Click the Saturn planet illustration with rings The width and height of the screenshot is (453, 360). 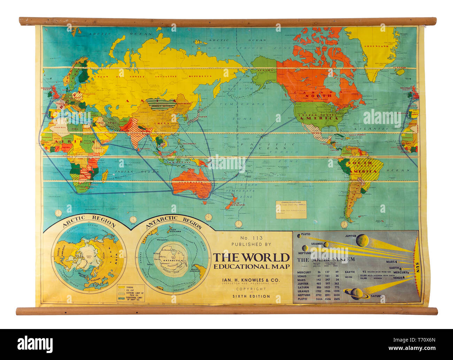356,294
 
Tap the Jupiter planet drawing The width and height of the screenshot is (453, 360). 362,240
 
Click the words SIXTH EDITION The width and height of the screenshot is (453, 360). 251,296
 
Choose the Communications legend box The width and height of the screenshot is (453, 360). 291,209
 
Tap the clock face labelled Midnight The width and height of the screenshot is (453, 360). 238,224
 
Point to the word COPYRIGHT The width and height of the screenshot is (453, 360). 251,289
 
